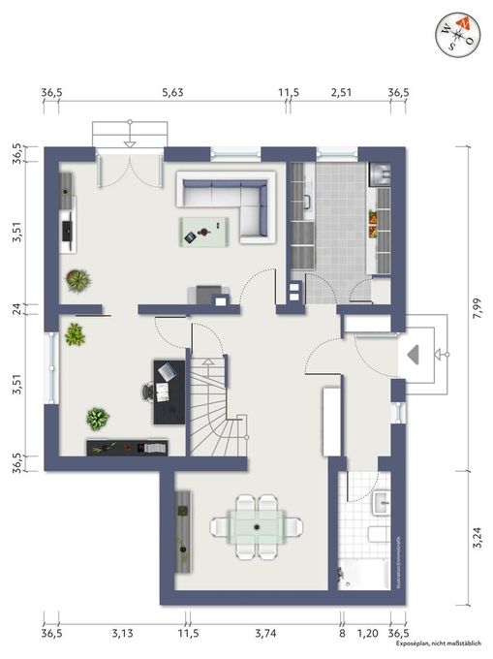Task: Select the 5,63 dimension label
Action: click(x=172, y=93)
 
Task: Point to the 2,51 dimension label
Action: click(x=340, y=93)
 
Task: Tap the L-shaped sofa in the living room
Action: click(x=232, y=201)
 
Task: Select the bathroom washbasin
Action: click(x=383, y=502)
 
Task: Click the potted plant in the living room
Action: click(x=77, y=280)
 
